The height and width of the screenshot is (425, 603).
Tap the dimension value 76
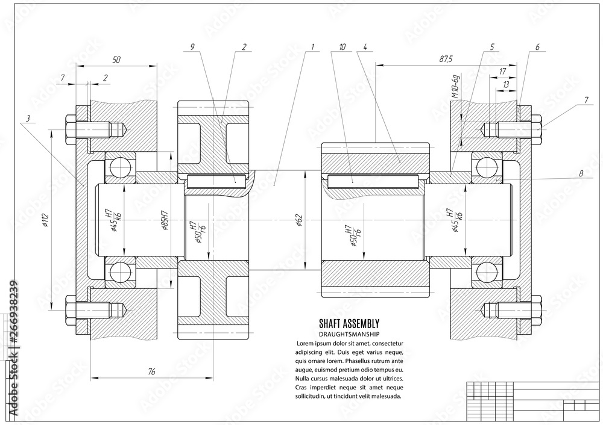pos(151,372)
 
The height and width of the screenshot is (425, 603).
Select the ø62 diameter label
pos(300,221)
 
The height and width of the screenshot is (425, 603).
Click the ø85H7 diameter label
pos(165,222)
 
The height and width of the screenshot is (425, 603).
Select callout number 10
pos(343,46)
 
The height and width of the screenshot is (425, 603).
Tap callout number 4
pos(365,46)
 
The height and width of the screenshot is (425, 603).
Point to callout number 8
pos(581,173)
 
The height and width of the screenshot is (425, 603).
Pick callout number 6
pos(537,46)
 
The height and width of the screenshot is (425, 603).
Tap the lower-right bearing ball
pos(485,273)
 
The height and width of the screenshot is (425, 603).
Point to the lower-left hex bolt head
pos(68,311)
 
